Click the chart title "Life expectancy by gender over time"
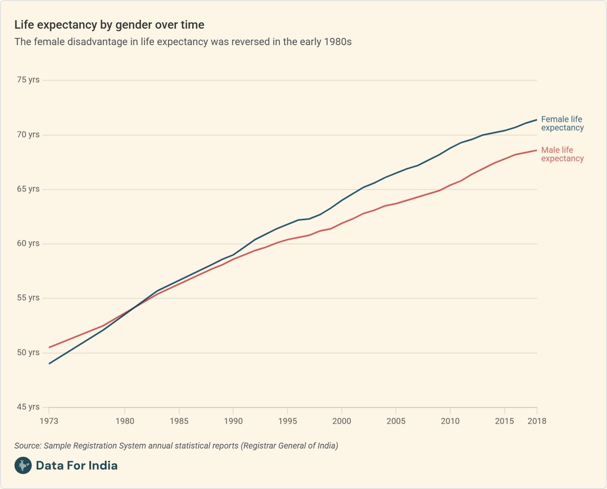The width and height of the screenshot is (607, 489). [109, 25]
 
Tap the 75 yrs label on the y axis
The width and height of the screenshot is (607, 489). [28, 80]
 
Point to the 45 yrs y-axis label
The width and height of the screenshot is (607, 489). [28, 407]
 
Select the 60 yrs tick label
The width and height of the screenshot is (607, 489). [28, 243]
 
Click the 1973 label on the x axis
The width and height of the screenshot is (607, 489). [49, 421]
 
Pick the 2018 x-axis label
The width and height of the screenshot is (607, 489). [537, 421]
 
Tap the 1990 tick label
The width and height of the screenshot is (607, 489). [233, 421]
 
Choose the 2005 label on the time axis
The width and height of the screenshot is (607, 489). [396, 421]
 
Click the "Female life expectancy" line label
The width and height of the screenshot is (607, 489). [562, 124]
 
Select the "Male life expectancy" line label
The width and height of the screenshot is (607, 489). [562, 154]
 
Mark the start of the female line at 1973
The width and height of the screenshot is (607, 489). [49, 363]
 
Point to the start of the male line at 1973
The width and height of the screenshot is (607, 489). [49, 347]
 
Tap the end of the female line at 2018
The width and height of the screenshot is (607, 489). [537, 120]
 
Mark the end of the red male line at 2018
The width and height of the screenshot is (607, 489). [537, 150]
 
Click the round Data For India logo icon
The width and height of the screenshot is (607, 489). [23, 465]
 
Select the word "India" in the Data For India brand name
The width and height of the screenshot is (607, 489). [103, 465]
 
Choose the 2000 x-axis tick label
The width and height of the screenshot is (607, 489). [341, 421]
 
